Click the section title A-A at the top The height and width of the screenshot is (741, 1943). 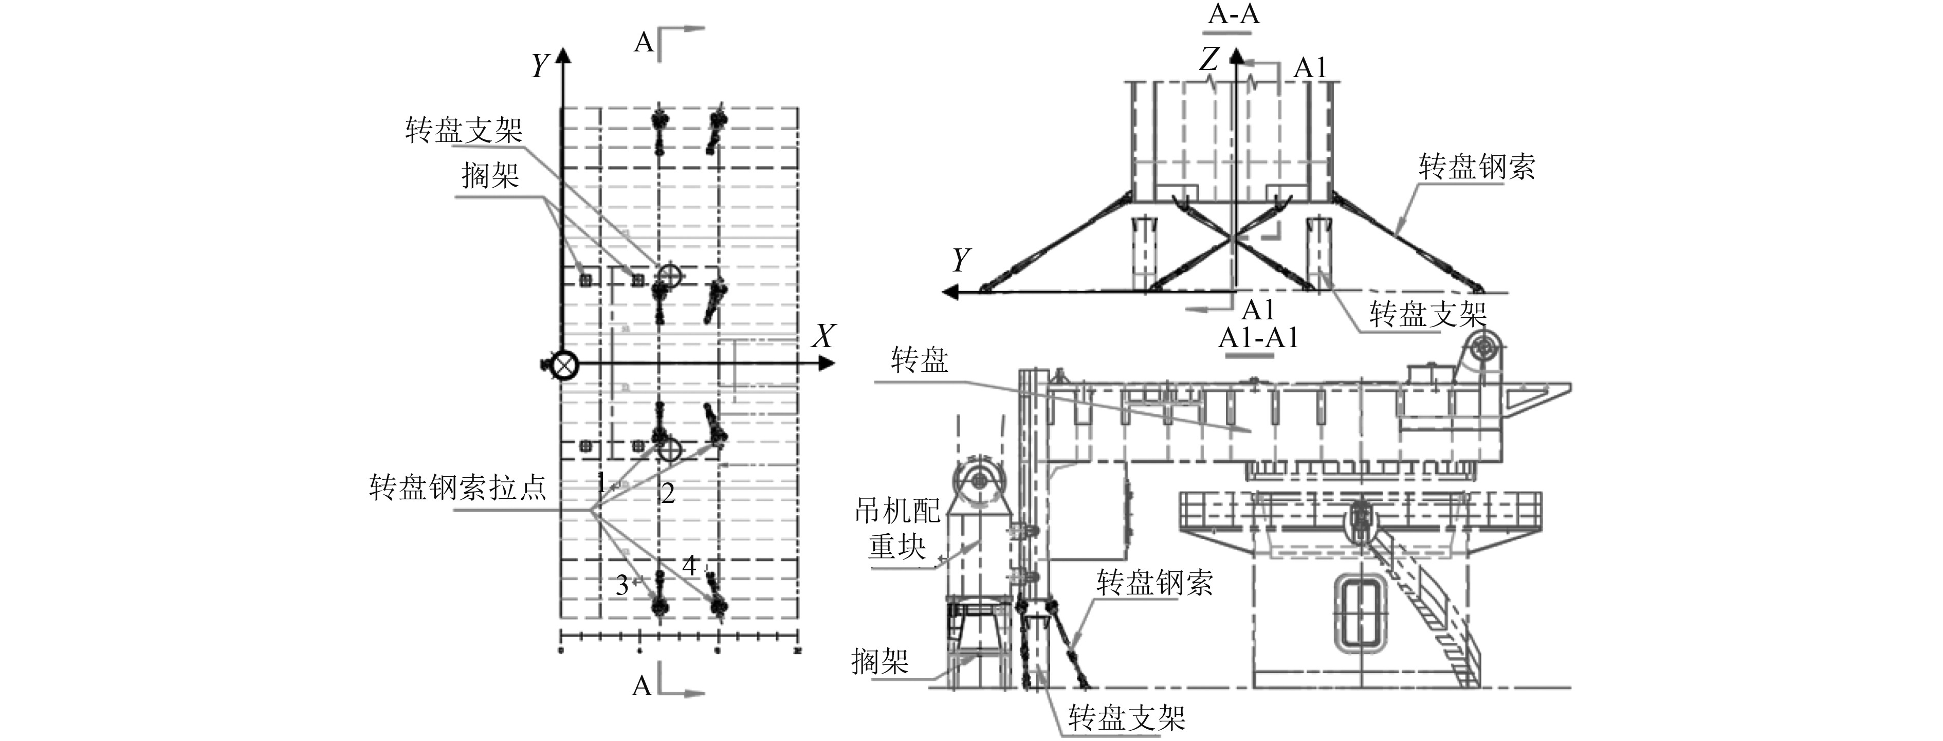pos(1234,14)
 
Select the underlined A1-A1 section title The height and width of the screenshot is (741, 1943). pos(1258,337)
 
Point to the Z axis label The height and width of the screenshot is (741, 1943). pos(1209,59)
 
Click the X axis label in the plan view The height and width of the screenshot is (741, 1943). pos(823,336)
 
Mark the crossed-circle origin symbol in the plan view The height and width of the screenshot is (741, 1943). pos(563,366)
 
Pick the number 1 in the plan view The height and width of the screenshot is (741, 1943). pos(601,482)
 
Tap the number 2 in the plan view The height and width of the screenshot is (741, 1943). pos(668,494)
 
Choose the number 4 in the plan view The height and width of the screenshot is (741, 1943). pos(689,565)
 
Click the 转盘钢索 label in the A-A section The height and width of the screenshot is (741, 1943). pos(1476,167)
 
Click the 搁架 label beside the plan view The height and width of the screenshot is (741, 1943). pos(490,176)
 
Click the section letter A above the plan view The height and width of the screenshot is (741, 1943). pos(644,42)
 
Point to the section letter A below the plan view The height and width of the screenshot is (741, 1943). pos(642,686)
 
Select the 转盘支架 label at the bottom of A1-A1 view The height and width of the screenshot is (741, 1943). pos(1127,718)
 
